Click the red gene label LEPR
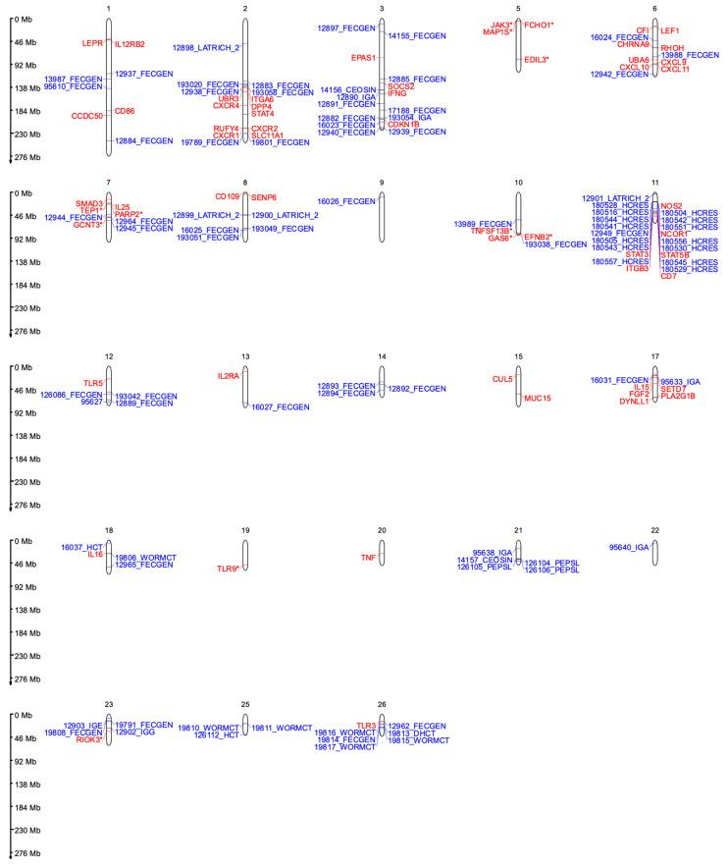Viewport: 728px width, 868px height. coord(94,43)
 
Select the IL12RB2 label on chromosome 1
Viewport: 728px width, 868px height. coord(130,44)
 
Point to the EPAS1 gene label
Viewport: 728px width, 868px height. coord(364,58)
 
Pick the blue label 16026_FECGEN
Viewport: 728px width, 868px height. coord(346,201)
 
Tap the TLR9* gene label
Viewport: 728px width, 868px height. coord(228,569)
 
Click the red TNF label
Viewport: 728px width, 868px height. coord(368,557)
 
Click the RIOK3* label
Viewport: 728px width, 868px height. coord(89,739)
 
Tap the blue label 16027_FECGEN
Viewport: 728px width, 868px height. coord(281,407)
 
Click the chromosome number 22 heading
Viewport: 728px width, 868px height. coord(654,530)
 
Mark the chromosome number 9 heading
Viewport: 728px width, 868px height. coord(382,184)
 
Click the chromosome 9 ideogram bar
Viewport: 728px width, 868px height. coord(382,210)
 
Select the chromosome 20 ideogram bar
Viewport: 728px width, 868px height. coord(382,552)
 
